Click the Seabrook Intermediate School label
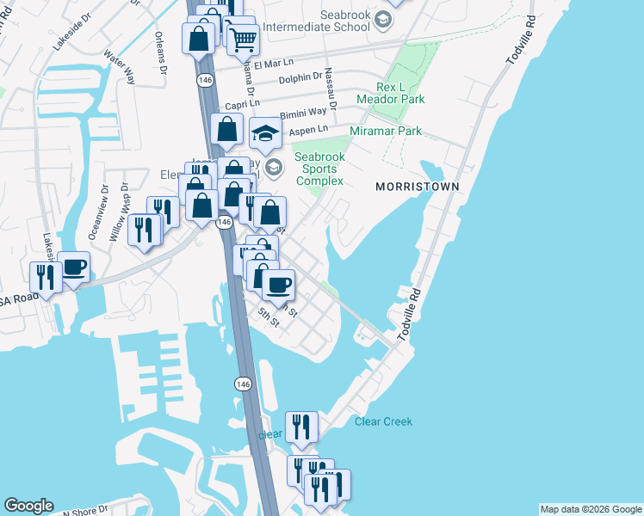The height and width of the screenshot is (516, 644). [x=344, y=21]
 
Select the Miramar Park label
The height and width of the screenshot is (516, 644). [x=386, y=131]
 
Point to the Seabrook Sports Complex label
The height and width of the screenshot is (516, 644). [x=319, y=169]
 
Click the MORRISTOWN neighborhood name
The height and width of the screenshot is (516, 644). [x=416, y=187]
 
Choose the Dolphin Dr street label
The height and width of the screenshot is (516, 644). [x=300, y=78]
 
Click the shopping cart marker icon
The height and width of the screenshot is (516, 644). [x=243, y=37]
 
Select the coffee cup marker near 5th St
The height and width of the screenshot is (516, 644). [x=277, y=284]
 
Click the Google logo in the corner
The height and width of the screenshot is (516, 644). [x=28, y=506]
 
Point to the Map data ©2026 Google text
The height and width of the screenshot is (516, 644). [x=591, y=509]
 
